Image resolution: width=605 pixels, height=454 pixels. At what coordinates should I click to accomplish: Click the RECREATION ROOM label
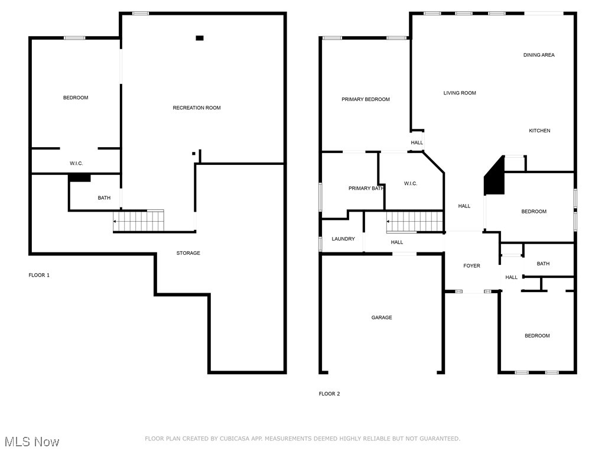197,108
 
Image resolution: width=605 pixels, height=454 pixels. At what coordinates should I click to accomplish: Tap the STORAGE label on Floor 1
188,253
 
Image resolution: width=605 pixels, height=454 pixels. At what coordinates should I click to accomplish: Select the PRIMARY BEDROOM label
365,99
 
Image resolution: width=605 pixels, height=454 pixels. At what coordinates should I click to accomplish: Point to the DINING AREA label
539,55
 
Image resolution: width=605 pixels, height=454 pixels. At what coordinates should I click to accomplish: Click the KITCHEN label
539,131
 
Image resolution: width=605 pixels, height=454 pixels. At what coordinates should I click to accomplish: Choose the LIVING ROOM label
460,93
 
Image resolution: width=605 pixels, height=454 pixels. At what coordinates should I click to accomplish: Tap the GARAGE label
381,317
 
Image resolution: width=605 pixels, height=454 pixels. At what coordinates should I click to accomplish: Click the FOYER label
471,266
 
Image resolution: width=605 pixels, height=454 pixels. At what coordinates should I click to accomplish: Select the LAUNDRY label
343,239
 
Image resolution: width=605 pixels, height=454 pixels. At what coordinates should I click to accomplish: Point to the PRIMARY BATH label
366,189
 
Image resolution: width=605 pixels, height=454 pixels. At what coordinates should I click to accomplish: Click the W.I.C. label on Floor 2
411,184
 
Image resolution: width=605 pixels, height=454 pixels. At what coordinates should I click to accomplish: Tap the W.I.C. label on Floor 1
76,163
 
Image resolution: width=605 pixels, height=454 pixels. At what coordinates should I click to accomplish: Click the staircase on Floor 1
139,221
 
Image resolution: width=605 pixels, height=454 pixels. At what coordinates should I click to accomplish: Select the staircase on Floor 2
415,222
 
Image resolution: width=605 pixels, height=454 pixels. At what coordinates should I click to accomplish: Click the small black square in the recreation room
200,38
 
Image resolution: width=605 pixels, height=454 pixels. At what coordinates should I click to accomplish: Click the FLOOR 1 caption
39,275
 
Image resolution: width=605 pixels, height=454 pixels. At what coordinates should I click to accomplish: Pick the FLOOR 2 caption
329,394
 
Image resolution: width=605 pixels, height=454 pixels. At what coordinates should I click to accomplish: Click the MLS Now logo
31,442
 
